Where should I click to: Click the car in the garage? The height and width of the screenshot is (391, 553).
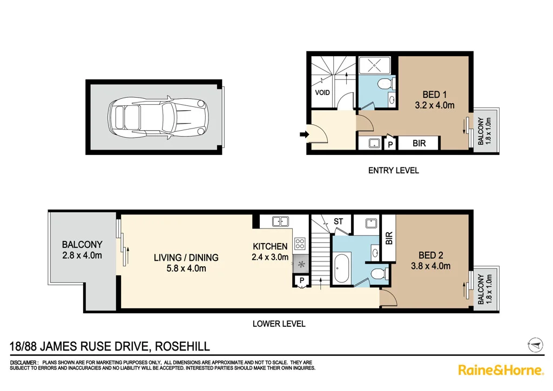coord(154,117)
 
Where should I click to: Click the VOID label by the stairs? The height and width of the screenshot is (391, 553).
coord(322,92)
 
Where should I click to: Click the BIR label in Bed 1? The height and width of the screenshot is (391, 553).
coord(420,144)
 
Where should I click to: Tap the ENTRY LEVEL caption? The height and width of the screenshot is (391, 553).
coord(393,171)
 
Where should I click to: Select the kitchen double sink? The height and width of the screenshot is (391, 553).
coord(280,221)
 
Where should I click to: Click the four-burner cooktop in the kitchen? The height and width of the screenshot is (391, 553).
coord(300,243)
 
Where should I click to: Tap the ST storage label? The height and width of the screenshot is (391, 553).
coord(339,221)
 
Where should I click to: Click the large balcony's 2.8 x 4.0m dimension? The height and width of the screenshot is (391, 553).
coord(82,255)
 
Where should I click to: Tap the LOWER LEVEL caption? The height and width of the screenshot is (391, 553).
coord(279,324)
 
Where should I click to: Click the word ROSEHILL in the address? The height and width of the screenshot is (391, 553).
coord(183,346)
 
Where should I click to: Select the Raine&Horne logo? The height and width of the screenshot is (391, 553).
coord(500,370)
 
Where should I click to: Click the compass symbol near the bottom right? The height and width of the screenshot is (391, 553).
coord(534,343)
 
